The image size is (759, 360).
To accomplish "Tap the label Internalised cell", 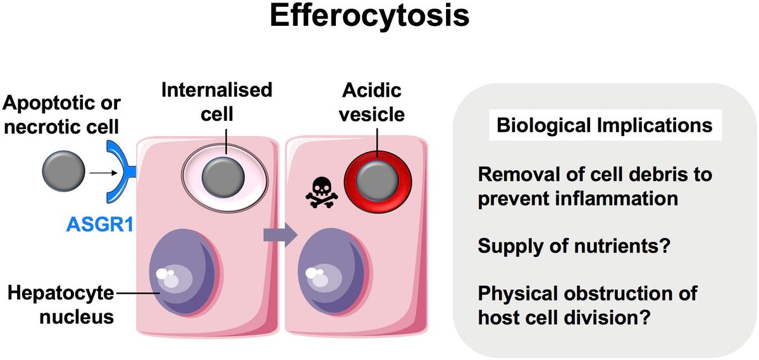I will [x=216, y=101].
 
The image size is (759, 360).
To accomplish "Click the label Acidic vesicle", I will [x=373, y=101].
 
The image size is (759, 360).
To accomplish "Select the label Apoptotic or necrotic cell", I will [x=61, y=114].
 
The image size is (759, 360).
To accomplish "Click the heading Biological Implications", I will [x=604, y=125].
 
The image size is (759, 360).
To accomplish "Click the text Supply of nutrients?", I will [x=574, y=245].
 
